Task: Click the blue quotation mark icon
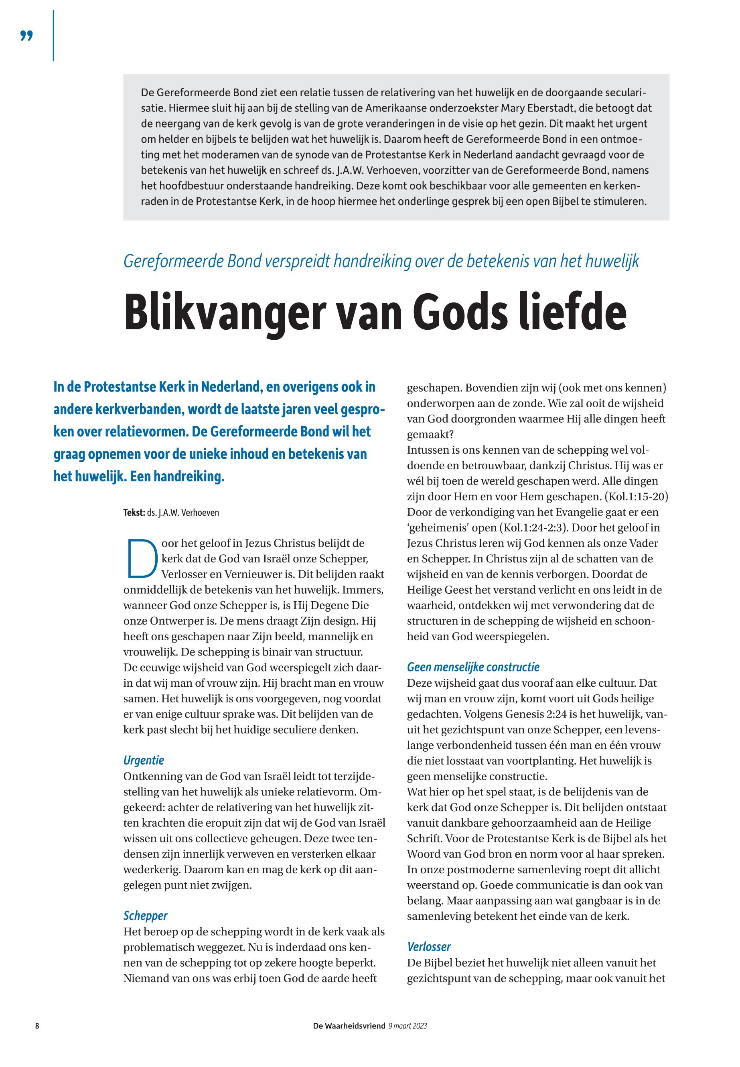coord(27,36)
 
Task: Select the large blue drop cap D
coord(141,558)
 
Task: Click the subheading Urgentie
coord(144,760)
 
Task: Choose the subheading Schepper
coord(145,915)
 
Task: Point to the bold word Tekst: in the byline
coord(134,513)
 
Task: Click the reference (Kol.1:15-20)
coord(636,497)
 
